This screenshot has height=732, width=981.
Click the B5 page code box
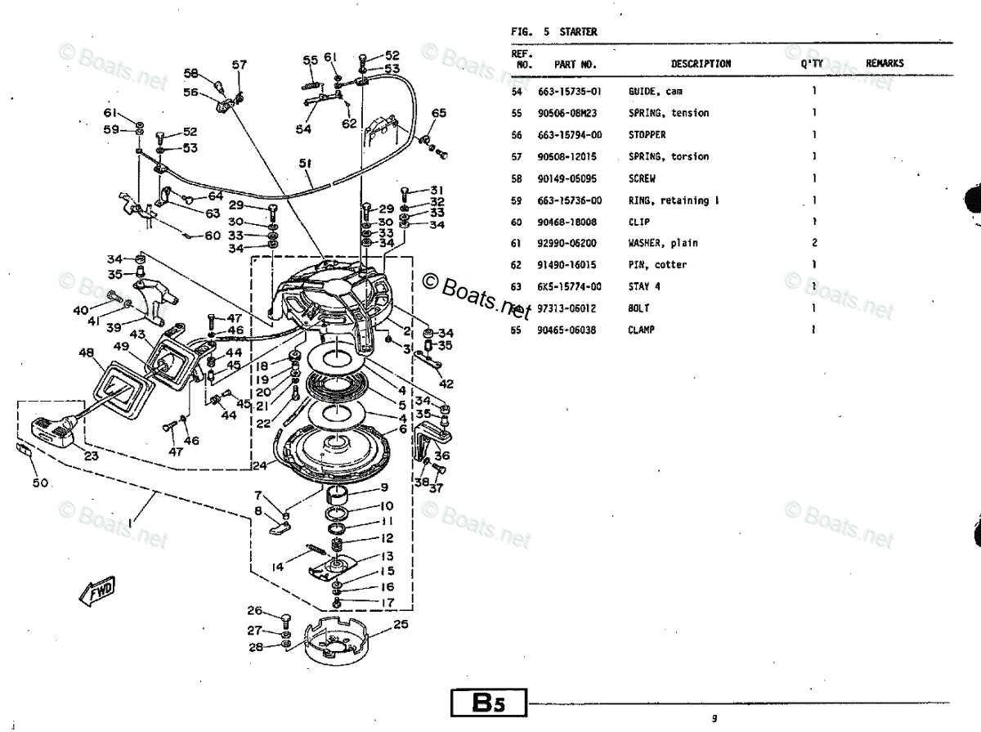click(x=488, y=703)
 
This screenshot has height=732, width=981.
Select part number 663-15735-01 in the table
click(x=569, y=92)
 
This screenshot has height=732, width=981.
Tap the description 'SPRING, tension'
click(x=668, y=113)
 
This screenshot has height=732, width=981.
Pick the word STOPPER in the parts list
click(x=647, y=135)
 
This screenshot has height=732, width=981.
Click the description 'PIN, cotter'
click(x=657, y=265)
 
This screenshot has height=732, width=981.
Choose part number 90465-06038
click(x=569, y=330)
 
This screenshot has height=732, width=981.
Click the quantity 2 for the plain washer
click(x=813, y=243)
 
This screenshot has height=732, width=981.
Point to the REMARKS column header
click(x=885, y=64)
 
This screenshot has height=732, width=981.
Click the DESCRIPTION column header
click(x=701, y=64)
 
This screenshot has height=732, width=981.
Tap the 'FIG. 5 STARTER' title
click(x=553, y=32)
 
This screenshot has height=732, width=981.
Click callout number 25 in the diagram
click(x=401, y=626)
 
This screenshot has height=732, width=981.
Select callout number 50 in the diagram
click(x=40, y=483)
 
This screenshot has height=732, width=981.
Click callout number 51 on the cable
click(x=306, y=164)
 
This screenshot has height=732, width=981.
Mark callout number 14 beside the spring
click(x=278, y=566)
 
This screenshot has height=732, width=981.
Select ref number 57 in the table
click(x=517, y=156)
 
